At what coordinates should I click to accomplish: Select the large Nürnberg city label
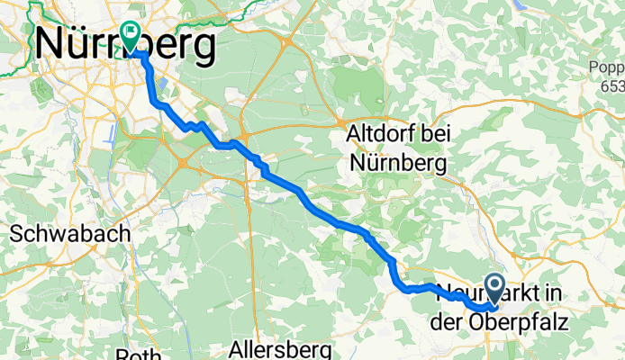pos(125,43)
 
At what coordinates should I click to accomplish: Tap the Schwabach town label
pos(70,232)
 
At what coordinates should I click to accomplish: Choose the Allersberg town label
pos(281,348)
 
